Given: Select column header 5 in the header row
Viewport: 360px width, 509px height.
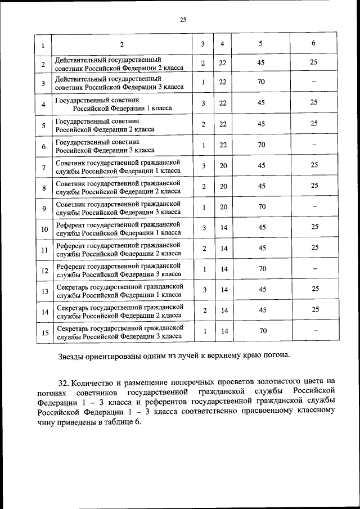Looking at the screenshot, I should click(261, 44).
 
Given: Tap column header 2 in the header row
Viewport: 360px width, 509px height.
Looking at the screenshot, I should click(121, 44).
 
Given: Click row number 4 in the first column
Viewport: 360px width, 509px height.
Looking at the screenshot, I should click(43, 105).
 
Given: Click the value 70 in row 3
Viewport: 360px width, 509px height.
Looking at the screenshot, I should click(261, 83).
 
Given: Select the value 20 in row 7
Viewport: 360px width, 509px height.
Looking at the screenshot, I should click(223, 165).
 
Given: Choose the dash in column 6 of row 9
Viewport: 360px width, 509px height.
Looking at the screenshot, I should click(314, 208).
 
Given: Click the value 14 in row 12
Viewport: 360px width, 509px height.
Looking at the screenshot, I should click(223, 269).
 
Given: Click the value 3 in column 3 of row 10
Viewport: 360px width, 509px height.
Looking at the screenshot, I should click(204, 228).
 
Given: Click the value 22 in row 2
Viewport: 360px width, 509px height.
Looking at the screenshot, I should click(223, 63).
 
